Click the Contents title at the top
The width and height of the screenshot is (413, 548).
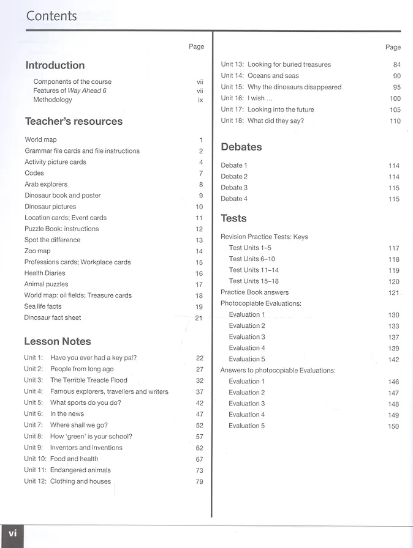pyautogui.click(x=51, y=16)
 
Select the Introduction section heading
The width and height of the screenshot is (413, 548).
pyautogui.click(x=55, y=65)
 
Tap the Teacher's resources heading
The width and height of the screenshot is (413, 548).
pyautogui.click(x=74, y=121)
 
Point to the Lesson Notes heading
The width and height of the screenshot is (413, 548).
pyautogui.click(x=58, y=341)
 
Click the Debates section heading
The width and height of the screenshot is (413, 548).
pyautogui.click(x=241, y=147)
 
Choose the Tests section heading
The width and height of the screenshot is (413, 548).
pyautogui.click(x=233, y=218)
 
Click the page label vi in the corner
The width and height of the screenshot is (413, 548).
pyautogui.click(x=12, y=533)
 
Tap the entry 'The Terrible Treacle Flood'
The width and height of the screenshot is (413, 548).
pyautogui.click(x=89, y=380)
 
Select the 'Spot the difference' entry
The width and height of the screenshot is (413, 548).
pyautogui.click(x=52, y=240)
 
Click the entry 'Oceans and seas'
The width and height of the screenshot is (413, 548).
pyautogui.click(x=273, y=76)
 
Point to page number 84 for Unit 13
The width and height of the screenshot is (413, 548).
pyautogui.click(x=396, y=65)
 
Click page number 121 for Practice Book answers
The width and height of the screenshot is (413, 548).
pyautogui.click(x=393, y=293)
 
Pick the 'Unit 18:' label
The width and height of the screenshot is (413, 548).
pyautogui.click(x=232, y=120)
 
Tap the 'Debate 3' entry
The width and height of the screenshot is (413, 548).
pyautogui.click(x=234, y=188)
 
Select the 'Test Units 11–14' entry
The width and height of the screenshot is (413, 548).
pyautogui.click(x=254, y=270)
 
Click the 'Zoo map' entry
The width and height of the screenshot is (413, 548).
pyautogui.click(x=37, y=251)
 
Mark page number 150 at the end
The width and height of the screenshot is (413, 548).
pyautogui.click(x=393, y=426)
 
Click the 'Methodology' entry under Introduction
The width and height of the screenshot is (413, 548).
pyautogui.click(x=53, y=100)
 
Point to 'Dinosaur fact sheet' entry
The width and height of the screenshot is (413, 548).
pyautogui.click(x=53, y=318)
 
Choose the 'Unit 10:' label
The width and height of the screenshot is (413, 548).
pyautogui.click(x=35, y=459)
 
